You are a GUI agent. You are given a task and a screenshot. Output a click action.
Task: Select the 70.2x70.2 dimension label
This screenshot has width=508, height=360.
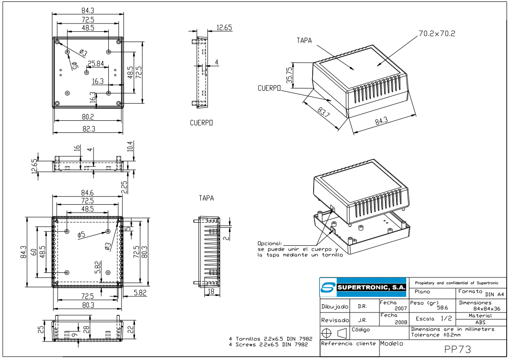tap(437, 33)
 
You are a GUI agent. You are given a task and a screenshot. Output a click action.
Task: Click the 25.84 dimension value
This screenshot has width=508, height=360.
tap(96, 63)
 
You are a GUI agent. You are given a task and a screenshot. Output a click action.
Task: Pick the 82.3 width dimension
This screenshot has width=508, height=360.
tap(88, 129)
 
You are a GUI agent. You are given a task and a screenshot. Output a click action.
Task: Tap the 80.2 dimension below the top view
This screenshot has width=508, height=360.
tap(88, 117)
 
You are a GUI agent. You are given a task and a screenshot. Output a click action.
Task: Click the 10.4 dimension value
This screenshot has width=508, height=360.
tap(130, 147)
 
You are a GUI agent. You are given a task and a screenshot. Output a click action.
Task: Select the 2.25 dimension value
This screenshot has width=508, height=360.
tap(124, 187)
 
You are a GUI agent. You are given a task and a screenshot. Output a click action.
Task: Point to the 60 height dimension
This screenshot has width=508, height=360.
tap(33, 252)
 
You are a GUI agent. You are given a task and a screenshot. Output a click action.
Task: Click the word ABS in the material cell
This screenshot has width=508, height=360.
tap(480, 323)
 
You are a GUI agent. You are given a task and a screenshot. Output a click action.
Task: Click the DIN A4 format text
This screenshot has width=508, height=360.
tap(492, 294)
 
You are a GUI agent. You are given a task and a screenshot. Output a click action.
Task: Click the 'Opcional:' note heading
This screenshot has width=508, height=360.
tap(271, 243)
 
